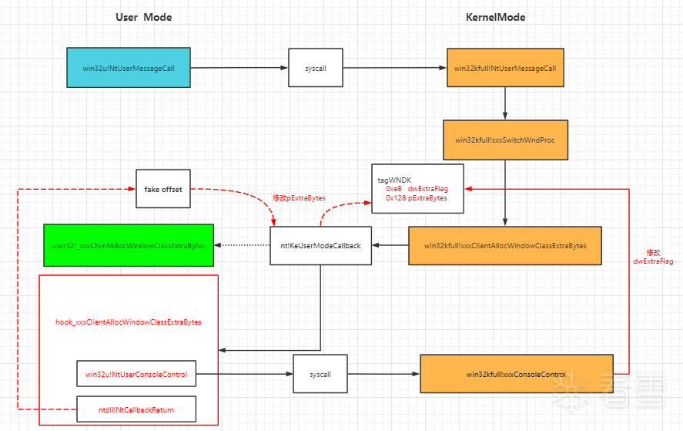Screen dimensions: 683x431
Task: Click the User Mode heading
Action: click(x=144, y=18)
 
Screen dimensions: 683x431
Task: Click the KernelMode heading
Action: click(x=495, y=18)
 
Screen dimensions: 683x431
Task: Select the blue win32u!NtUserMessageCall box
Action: click(x=129, y=68)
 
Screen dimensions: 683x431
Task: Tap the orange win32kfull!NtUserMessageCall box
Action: click(x=505, y=68)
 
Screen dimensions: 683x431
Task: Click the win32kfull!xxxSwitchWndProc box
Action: click(x=505, y=140)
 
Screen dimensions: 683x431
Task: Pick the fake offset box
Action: click(x=163, y=189)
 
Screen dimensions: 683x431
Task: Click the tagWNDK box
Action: click(x=417, y=188)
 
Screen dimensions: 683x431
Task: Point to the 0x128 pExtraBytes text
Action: click(x=417, y=198)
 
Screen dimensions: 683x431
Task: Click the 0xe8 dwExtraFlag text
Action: click(x=417, y=189)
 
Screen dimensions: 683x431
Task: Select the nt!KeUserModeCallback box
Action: click(x=320, y=246)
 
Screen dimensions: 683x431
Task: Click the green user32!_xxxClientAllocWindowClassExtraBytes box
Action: click(x=129, y=245)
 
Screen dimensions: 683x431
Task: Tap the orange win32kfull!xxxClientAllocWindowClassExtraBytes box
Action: click(x=505, y=246)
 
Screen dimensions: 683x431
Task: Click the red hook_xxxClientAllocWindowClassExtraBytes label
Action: click(x=129, y=322)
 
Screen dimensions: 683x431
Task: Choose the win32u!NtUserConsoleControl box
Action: click(x=136, y=374)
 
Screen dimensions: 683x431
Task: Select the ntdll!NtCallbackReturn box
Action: click(x=136, y=409)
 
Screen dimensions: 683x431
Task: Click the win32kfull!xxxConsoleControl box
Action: click(x=517, y=374)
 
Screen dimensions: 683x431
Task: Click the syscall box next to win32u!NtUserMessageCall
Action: click(x=316, y=68)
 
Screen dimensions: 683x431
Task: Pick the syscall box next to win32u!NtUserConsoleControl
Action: click(x=320, y=374)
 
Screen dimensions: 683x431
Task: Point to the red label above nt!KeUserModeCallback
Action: click(x=299, y=198)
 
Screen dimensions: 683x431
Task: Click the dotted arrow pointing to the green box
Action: click(x=243, y=245)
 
